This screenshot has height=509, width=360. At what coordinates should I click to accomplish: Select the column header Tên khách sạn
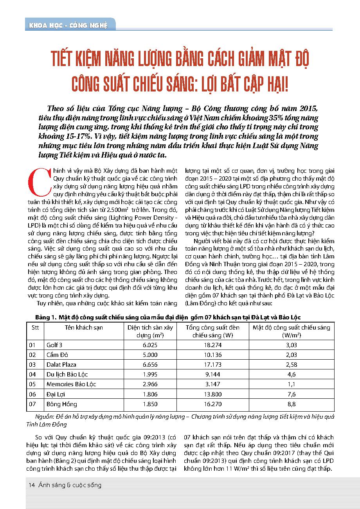pos(84,327)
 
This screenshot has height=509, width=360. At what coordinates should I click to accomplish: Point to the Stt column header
pos(35,327)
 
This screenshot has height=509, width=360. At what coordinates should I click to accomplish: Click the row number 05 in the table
pos(32,384)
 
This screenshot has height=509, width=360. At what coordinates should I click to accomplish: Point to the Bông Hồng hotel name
pos(61,404)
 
